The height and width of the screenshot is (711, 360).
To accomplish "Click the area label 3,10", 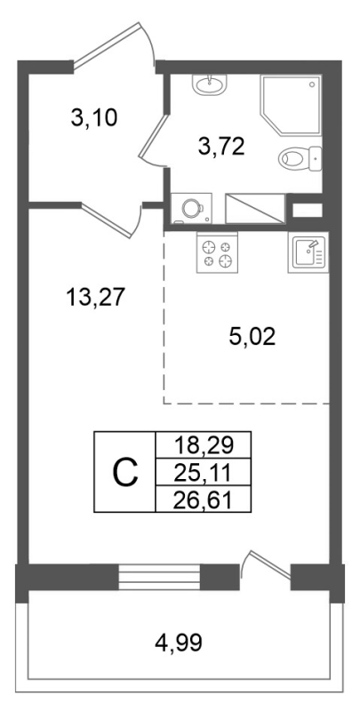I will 93,116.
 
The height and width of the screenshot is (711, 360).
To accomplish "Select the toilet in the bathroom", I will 298,160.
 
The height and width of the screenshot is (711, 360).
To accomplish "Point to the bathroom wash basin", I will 211,84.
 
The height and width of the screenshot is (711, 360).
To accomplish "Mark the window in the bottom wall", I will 149,578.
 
